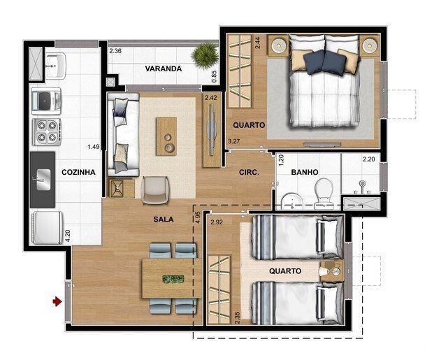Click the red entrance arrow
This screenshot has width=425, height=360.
click(57, 301)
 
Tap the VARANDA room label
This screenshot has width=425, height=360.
click(164, 69)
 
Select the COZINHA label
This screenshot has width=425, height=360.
click(78, 172)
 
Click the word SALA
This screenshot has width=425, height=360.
click(164, 219)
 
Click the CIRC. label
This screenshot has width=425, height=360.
click(249, 172)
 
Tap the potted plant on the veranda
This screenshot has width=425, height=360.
click(205, 55)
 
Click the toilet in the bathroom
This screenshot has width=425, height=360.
click(324, 193)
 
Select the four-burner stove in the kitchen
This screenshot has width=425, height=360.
click(47, 132)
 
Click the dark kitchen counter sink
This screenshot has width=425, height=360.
click(43, 180)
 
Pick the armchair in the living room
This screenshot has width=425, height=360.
click(154, 190)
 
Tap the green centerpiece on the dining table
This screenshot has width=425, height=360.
click(173, 279)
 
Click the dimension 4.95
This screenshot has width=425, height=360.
click(198, 217)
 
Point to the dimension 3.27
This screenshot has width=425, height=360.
click(233, 141)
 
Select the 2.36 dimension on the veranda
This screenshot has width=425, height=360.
click(115, 51)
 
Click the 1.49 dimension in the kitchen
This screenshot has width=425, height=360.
click(94, 147)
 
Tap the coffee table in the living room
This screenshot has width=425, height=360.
click(166, 136)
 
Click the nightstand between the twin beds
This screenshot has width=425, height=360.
click(332, 271)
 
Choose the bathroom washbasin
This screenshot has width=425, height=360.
click(291, 201)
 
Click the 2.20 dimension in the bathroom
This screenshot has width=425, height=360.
click(369, 159)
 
